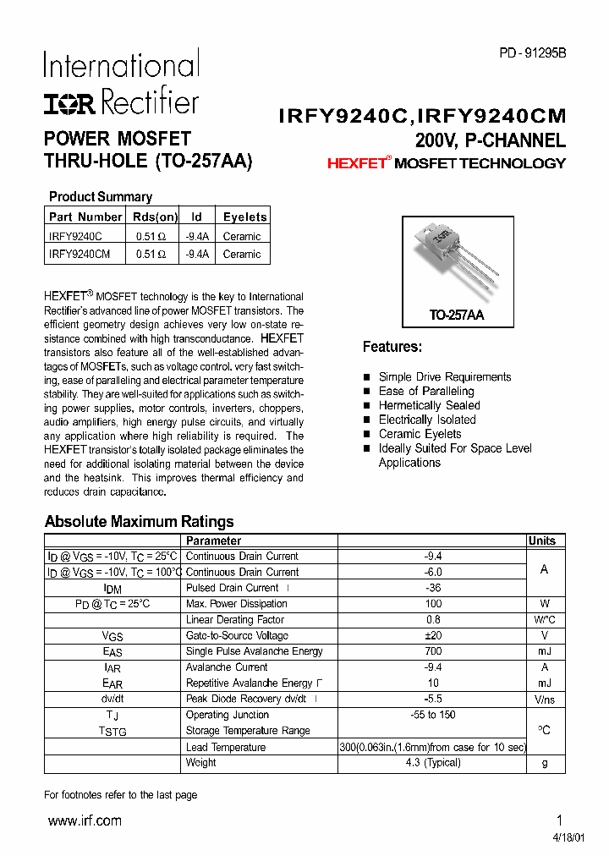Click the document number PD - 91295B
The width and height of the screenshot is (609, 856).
pos(532,52)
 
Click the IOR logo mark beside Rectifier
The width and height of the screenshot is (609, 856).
pos(71,103)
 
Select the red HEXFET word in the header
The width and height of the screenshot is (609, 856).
pos(356,163)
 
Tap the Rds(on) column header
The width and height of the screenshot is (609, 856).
pos(156,217)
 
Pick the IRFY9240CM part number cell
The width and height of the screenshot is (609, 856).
pos(80,254)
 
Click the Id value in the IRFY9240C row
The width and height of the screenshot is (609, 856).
pos(197,237)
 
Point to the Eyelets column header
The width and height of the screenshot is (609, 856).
pos(244,217)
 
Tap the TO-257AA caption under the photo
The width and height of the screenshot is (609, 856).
pos(456,315)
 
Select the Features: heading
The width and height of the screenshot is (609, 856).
pos(392,347)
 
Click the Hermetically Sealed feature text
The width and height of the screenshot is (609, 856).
pos(429,405)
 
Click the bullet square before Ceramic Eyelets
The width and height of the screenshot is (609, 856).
pos(366,435)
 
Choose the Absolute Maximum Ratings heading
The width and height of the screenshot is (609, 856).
pos(139,522)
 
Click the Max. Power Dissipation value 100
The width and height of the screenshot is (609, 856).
pos(432,604)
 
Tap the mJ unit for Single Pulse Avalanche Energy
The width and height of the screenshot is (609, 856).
pos(544,652)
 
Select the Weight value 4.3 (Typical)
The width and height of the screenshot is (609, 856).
pos(432,763)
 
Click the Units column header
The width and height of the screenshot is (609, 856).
pos(542,541)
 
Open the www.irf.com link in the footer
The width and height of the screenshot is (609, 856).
pos(84,820)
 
